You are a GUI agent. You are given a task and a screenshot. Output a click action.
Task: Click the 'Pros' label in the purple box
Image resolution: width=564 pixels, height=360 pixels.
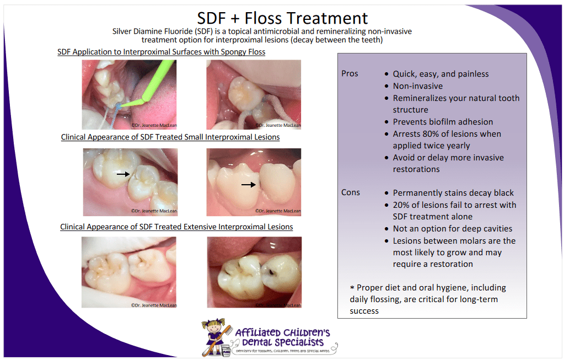[350, 73]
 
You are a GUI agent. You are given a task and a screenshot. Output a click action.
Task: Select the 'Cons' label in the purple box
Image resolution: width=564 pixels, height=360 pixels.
[350, 192]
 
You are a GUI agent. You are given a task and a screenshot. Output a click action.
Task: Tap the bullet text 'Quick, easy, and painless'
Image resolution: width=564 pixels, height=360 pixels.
[441, 74]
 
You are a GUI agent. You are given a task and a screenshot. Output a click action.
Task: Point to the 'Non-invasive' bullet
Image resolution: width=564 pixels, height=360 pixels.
[418, 86]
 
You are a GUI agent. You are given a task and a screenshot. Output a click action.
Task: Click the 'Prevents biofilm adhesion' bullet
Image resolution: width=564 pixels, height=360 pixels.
[443, 122]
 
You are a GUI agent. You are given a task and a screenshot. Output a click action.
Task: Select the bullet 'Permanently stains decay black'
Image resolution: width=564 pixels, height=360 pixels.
[453, 193]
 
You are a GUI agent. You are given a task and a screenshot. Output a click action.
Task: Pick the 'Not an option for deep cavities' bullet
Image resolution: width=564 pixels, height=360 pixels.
[452, 228]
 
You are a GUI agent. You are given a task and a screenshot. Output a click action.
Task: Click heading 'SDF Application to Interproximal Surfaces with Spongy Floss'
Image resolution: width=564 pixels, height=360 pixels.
[161, 52]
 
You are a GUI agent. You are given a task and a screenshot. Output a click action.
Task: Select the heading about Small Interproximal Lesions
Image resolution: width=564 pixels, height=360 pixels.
[170, 137]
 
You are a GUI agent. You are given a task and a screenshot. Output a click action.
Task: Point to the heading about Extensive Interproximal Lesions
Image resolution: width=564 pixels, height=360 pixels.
[176, 227]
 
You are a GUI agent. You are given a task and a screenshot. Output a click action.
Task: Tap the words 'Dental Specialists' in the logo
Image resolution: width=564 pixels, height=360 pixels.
[282, 342]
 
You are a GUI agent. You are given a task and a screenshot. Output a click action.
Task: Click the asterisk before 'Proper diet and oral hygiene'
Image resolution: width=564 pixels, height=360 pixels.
[352, 288]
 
